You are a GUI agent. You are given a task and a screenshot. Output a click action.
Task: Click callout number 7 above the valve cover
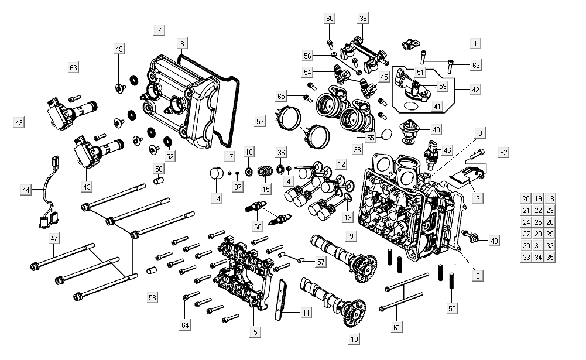159,30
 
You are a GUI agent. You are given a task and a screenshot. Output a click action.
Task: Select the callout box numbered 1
475,43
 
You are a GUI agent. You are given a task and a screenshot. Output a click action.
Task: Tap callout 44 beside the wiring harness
26,190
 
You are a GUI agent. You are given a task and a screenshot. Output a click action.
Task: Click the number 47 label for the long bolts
54,239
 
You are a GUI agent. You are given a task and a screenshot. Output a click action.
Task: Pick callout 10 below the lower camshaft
354,338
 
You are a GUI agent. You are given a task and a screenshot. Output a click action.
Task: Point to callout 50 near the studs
451,308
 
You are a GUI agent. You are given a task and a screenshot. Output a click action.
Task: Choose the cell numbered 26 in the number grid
549,222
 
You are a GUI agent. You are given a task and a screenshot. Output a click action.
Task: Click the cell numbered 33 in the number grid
526,258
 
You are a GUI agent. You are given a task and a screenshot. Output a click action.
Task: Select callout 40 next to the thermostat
436,129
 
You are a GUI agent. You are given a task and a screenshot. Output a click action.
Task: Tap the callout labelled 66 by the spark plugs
258,226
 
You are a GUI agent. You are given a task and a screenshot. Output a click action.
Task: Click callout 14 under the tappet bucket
217,198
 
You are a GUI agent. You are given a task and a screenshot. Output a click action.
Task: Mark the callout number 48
495,241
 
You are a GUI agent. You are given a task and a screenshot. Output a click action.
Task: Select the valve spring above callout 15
265,173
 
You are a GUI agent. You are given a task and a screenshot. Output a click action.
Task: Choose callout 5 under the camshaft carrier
255,331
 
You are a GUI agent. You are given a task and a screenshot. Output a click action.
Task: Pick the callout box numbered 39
363,19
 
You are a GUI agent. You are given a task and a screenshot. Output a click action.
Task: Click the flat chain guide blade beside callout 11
283,299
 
